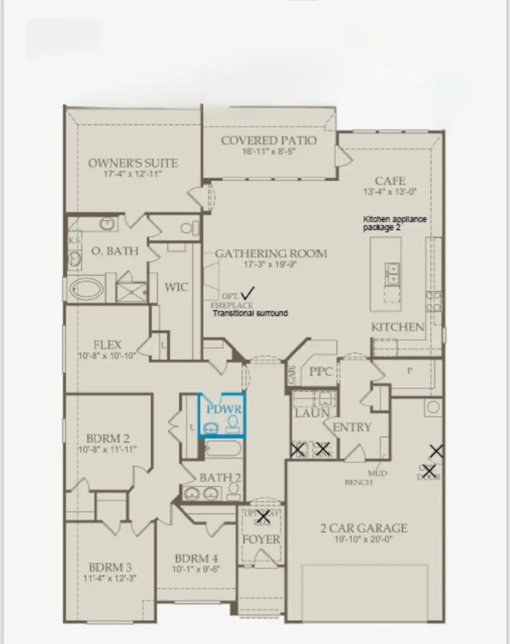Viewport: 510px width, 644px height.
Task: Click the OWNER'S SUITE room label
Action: [133, 163]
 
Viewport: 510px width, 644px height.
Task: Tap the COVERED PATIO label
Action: [269, 140]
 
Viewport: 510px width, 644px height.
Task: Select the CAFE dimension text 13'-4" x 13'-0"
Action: [390, 192]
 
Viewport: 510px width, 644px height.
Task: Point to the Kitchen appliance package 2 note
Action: [394, 223]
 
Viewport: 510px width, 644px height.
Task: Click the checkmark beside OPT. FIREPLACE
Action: [247, 293]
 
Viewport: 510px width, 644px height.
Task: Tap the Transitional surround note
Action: [249, 313]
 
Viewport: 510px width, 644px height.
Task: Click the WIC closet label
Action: [176, 287]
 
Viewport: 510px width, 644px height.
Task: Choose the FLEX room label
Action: [108, 345]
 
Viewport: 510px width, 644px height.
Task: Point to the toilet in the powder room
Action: [232, 423]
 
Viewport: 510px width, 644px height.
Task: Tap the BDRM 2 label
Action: [108, 439]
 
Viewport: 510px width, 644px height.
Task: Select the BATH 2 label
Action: [220, 478]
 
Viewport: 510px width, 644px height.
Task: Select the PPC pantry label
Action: [320, 373]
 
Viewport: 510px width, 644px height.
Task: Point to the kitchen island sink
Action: [391, 273]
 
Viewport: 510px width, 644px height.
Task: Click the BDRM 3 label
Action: [110, 567]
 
